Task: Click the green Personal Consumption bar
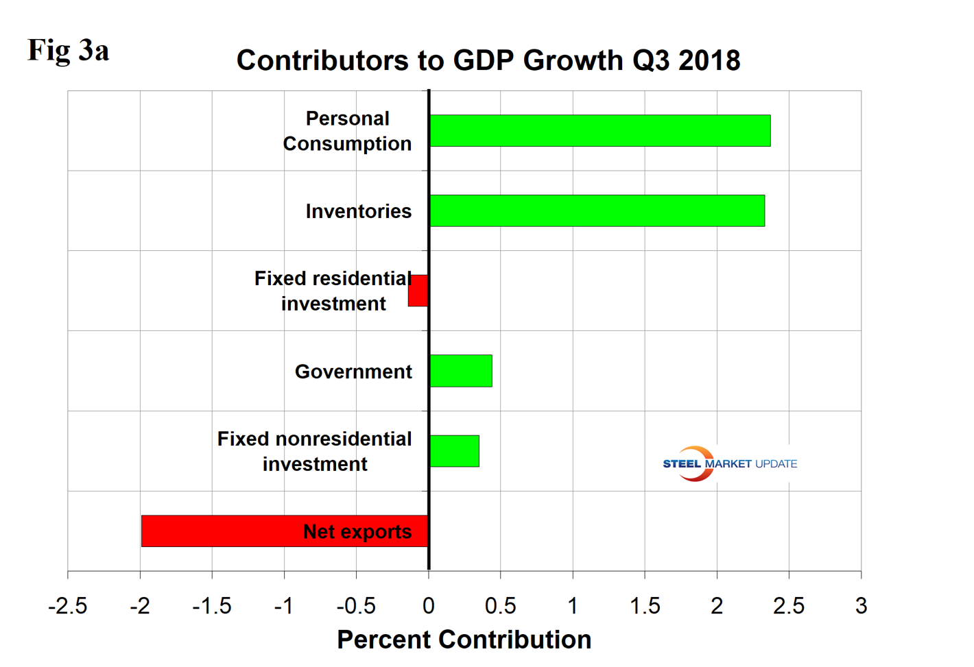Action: click(x=599, y=130)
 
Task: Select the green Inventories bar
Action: click(x=597, y=210)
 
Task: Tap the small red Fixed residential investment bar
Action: click(x=418, y=291)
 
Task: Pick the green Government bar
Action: click(x=460, y=371)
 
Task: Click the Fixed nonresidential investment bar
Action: click(x=454, y=451)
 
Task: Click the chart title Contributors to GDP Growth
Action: click(x=488, y=60)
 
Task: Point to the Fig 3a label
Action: click(x=68, y=50)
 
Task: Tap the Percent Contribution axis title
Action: click(x=464, y=639)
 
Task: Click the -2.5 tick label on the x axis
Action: click(x=67, y=606)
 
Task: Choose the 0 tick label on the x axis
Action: click(x=429, y=606)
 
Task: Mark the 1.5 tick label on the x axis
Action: click(x=645, y=606)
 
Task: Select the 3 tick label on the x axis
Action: click(x=861, y=606)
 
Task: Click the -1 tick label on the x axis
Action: click(x=283, y=606)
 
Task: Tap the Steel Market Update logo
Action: click(x=729, y=464)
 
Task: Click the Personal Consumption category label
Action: click(x=347, y=131)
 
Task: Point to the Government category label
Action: click(x=353, y=372)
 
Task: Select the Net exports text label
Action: click(x=357, y=532)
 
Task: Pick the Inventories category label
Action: click(x=358, y=211)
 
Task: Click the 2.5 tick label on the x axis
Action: click(x=789, y=606)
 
